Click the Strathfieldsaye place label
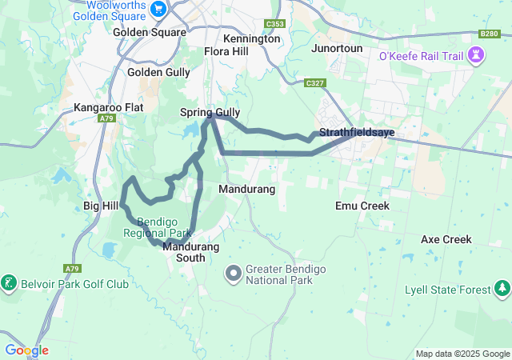coord(356,132)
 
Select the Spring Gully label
coord(210,112)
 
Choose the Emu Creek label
coord(362,206)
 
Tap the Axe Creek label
coord(446,239)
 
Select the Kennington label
coord(252,38)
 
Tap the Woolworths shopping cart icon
coord(158,9)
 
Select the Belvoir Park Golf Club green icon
coord(9,283)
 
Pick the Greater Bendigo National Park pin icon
coord(234,274)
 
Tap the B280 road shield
coord(490,34)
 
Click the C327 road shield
coord(314,82)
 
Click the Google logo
coord(26,350)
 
